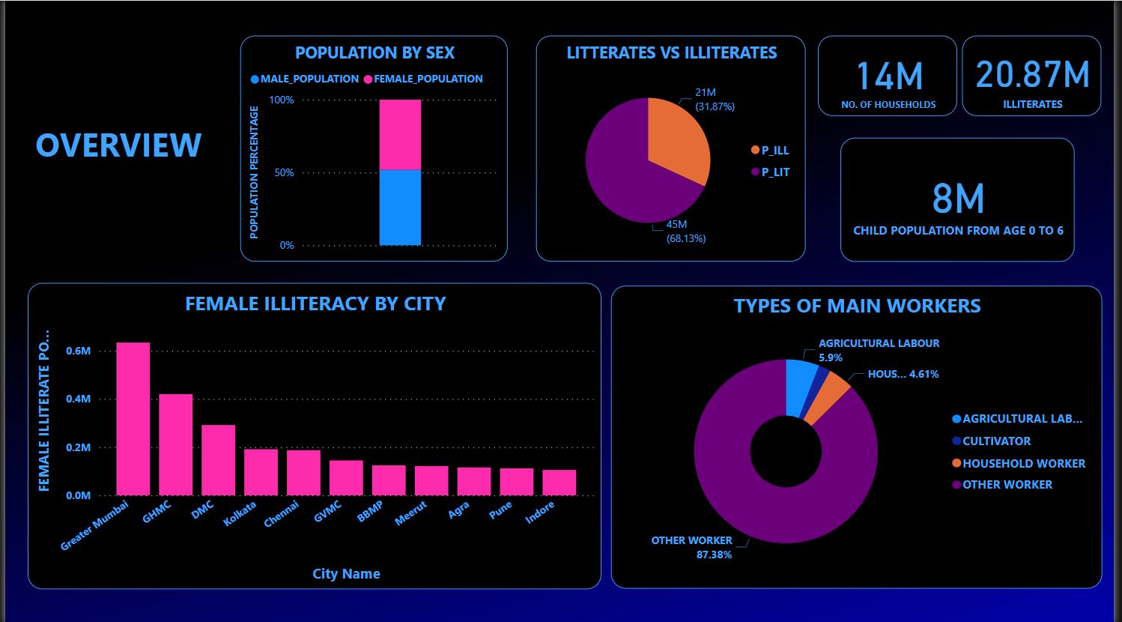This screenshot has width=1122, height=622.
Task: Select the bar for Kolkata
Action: coord(261,471)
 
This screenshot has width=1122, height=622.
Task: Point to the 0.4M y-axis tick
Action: coord(78,399)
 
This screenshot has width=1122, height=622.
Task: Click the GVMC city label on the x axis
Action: coord(327,515)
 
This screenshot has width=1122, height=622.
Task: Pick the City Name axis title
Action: coord(346,574)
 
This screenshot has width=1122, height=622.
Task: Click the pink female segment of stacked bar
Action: coord(400,135)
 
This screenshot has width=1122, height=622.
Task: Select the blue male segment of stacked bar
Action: coord(400,208)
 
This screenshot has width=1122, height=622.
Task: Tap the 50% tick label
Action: coord(284,173)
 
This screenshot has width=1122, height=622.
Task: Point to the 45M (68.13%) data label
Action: coord(685,232)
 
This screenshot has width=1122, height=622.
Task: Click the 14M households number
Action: coord(888,76)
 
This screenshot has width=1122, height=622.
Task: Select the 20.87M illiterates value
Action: coord(1032,75)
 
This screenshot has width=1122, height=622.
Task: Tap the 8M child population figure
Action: coord(958,199)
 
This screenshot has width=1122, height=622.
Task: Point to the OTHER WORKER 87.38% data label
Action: coord(691,547)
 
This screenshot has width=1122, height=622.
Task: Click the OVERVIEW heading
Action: coord(118,145)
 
